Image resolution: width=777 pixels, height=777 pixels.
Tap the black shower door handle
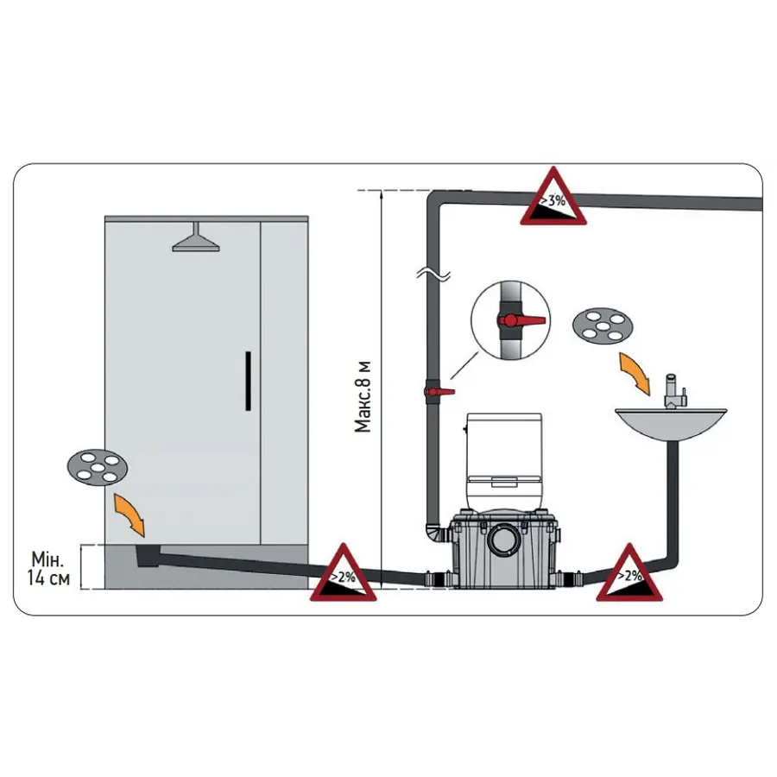tap(248, 381)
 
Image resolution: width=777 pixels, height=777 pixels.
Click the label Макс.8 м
tap(363, 397)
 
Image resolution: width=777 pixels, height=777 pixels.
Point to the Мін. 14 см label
tap(48, 568)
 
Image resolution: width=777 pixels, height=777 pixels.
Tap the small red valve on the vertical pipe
tap(439, 391)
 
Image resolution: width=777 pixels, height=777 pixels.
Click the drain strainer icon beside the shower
tap(98, 467)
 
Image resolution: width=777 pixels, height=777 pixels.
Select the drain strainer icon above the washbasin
tap(603, 326)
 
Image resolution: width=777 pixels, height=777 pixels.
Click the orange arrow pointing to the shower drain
tap(129, 515)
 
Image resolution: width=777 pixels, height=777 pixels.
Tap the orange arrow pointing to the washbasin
tap(635, 374)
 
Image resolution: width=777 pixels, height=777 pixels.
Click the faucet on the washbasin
tap(674, 391)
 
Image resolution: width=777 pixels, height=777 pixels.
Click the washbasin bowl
tap(671, 425)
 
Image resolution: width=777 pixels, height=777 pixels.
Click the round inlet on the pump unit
tap(504, 540)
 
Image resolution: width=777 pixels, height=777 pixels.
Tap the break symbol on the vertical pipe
tap(433, 274)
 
